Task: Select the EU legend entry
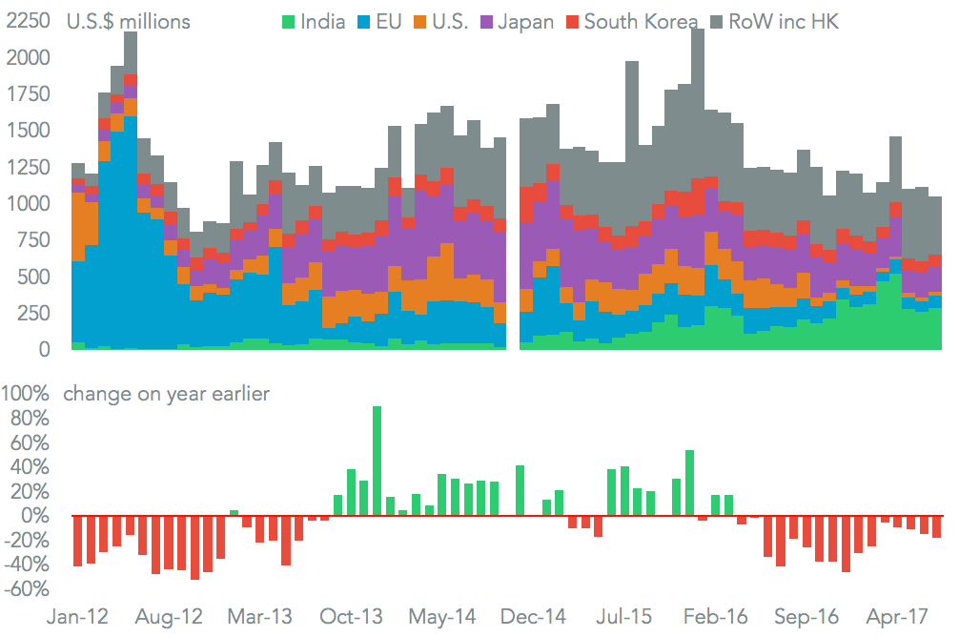392,21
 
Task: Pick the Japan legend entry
525,21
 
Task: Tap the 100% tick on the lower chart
27,393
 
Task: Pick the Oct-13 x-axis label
351,617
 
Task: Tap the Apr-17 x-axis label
901,617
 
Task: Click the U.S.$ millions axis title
128,21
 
